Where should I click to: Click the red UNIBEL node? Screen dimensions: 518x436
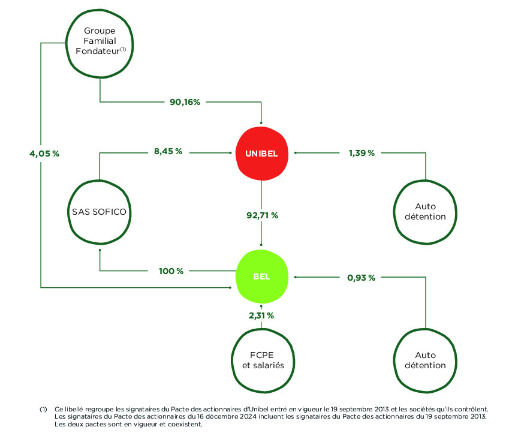(261, 154)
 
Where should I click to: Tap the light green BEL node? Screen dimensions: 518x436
(261, 276)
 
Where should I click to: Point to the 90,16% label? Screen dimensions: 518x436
(185, 102)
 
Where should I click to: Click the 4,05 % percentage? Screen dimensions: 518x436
(44, 154)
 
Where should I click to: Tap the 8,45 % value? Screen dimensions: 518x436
(168, 151)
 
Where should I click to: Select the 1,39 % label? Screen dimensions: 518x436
(362, 153)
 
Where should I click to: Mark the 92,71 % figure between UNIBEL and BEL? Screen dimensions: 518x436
(263, 215)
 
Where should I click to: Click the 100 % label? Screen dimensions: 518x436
(171, 272)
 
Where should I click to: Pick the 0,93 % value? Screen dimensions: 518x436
(361, 278)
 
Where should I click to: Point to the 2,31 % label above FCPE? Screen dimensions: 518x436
(261, 315)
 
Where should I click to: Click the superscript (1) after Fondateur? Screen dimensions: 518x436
(123, 49)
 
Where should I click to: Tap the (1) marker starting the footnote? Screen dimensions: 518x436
(43, 410)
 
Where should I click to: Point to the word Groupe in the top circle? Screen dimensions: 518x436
(100, 31)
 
